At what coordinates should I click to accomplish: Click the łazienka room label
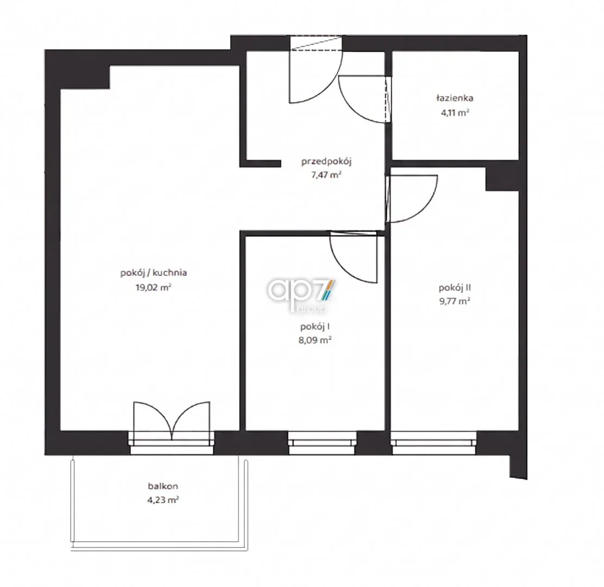point(455,98)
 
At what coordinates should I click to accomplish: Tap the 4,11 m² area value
point(455,113)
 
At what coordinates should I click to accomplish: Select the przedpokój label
point(326,161)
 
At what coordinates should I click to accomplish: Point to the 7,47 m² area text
point(326,175)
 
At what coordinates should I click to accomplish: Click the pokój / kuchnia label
point(154,273)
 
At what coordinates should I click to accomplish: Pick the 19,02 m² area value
point(153,288)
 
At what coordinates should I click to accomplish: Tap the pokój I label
point(314,327)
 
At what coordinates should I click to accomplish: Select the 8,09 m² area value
point(315,340)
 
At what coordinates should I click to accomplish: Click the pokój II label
point(455,288)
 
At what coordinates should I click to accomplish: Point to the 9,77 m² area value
point(455,301)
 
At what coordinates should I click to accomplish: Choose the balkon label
point(163,486)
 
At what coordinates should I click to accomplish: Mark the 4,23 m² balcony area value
point(163,500)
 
